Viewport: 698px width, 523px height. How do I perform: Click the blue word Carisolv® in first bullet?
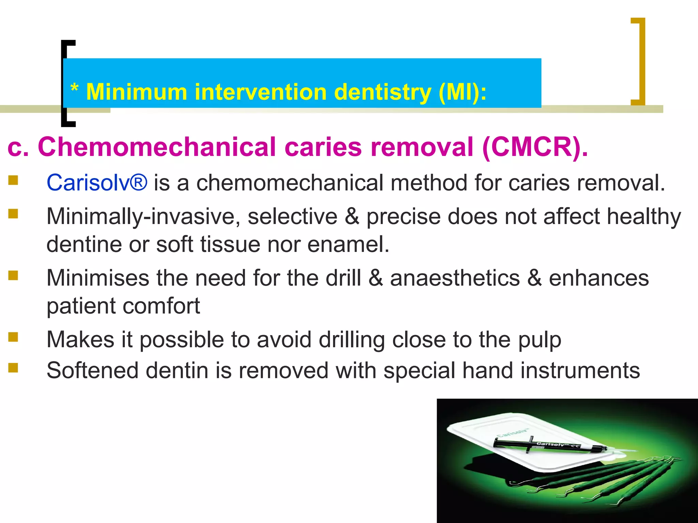[97, 183]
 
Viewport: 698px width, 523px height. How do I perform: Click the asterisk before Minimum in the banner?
[74, 89]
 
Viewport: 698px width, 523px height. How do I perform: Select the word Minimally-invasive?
[143, 217]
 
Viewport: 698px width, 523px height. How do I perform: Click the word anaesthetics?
[455, 278]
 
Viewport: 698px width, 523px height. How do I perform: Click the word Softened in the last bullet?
[92, 370]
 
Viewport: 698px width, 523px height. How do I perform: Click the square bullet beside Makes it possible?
[13, 337]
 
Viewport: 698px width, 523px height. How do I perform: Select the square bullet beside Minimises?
[13, 275]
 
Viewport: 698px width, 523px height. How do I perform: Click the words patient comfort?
[123, 306]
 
